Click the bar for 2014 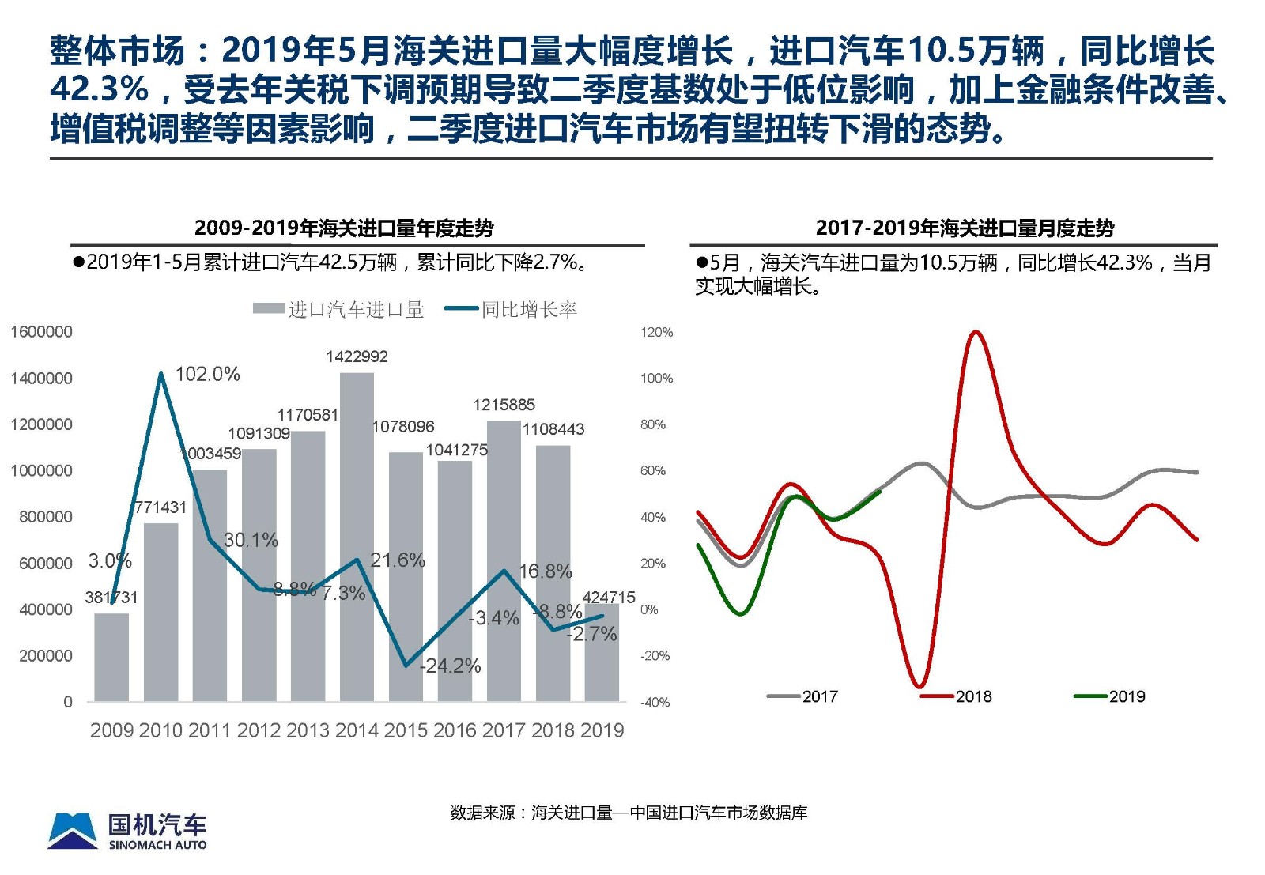point(357,537)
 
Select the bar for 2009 point(111,657)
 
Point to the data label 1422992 point(357,356)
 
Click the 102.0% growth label point(207,374)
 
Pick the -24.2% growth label point(450,666)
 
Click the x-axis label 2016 point(455,730)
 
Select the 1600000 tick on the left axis point(41,332)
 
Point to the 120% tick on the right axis point(656,332)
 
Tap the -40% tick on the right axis point(655,702)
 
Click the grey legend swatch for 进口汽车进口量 point(269,309)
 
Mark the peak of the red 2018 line point(975,332)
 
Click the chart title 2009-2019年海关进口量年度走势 point(344,228)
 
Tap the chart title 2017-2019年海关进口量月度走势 point(965,228)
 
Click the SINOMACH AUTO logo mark point(74,831)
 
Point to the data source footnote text point(629,813)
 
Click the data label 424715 point(608,598)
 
